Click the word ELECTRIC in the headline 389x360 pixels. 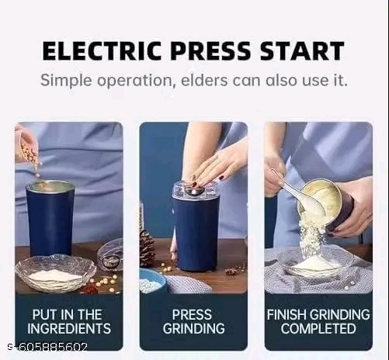tap(102, 50)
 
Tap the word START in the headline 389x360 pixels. tap(302, 50)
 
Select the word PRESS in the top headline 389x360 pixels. tap(210, 50)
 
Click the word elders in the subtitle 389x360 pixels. tap(204, 80)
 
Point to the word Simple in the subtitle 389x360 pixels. tap(66, 81)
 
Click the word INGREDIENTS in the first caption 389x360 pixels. tap(69, 328)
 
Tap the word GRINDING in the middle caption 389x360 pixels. tap(193, 328)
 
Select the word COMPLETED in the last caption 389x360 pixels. tap(318, 328)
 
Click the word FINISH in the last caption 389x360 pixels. tap(287, 315)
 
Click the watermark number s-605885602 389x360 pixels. tap(47, 347)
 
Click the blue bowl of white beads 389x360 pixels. tap(153, 281)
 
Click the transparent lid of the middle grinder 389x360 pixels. tap(196, 190)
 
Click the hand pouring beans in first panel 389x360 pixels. tap(26, 145)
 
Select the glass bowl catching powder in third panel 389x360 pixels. tap(314, 261)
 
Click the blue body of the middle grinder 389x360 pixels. tap(196, 234)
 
